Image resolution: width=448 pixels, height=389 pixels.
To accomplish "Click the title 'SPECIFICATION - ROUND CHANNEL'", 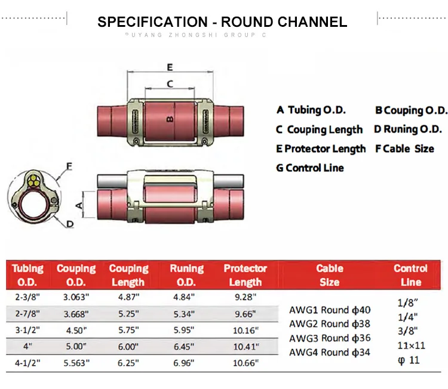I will pos(222,23).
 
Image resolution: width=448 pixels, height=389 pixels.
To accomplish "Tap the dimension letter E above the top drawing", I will pos(170,66).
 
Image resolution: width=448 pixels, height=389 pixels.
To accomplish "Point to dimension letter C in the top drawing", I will pos(170,84).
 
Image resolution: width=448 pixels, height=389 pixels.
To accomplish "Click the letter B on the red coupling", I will pos(169,119).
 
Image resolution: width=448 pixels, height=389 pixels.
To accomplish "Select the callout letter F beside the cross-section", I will pos(69,166).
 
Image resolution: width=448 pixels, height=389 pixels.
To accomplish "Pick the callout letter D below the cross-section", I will pos(70,224).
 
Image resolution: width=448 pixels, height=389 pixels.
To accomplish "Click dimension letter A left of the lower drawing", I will pos(78,205).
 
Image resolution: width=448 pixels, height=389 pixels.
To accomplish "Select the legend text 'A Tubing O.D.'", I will pos(311,110).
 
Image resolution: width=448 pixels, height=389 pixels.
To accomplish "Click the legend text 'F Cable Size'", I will pos(404,149).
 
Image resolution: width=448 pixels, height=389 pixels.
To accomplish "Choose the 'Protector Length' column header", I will pos(245,275).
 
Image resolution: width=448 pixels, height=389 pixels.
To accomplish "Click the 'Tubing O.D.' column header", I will pos(27,275).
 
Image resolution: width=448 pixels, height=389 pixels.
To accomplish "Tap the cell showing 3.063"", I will pos(76,297).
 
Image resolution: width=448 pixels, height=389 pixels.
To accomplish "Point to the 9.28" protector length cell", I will pos(245,297).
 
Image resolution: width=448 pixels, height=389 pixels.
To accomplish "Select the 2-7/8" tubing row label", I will pos(27,313).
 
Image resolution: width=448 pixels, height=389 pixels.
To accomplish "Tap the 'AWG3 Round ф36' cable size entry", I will pos(330,338).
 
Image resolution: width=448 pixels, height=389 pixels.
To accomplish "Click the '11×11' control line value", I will pos(411,345).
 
